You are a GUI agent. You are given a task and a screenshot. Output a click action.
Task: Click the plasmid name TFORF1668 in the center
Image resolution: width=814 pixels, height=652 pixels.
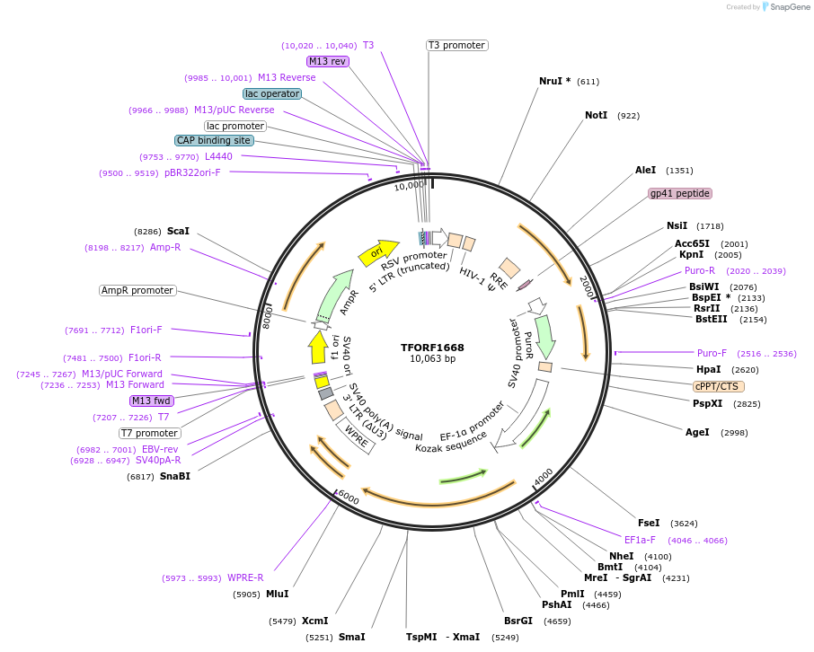point(432,348)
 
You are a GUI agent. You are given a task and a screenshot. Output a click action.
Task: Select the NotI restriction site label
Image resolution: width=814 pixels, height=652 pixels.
point(596,116)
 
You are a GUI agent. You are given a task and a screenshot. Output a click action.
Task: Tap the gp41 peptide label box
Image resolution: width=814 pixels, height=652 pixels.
point(680,193)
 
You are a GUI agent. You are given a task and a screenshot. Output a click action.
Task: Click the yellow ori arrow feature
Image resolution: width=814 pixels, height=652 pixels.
point(378,252)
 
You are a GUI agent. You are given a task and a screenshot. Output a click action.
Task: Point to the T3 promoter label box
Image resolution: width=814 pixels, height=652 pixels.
point(456,45)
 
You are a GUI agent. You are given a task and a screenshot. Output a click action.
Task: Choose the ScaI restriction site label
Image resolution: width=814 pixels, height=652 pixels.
point(178,231)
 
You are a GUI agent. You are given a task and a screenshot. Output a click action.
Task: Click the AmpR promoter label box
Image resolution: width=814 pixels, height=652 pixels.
point(137,290)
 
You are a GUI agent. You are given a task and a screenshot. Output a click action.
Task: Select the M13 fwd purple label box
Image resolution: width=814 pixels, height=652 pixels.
point(152,401)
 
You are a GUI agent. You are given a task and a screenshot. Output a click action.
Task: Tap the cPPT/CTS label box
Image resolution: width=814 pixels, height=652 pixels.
point(718,386)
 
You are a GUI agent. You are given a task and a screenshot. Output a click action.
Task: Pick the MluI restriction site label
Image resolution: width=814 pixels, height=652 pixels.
point(277,594)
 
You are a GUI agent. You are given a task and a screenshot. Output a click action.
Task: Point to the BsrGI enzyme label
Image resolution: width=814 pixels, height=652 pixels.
point(518,621)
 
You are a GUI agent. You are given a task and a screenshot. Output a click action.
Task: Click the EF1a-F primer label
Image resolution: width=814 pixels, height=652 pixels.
point(640,541)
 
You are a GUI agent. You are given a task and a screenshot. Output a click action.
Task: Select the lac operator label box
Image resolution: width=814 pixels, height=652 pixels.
point(270,93)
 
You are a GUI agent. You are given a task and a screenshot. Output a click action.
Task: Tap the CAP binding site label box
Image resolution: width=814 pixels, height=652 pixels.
point(214,140)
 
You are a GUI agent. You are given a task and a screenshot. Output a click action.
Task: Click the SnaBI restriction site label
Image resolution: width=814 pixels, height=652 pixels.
point(175,476)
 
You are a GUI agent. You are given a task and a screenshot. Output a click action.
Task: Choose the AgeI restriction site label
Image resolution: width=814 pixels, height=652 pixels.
point(697,432)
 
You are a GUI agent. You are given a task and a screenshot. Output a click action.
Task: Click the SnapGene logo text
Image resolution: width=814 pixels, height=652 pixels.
point(788,7)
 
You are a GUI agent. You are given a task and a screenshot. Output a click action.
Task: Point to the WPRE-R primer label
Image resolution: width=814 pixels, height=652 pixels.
point(245,577)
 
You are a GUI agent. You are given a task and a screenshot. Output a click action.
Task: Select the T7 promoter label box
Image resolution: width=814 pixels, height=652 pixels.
point(150,433)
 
